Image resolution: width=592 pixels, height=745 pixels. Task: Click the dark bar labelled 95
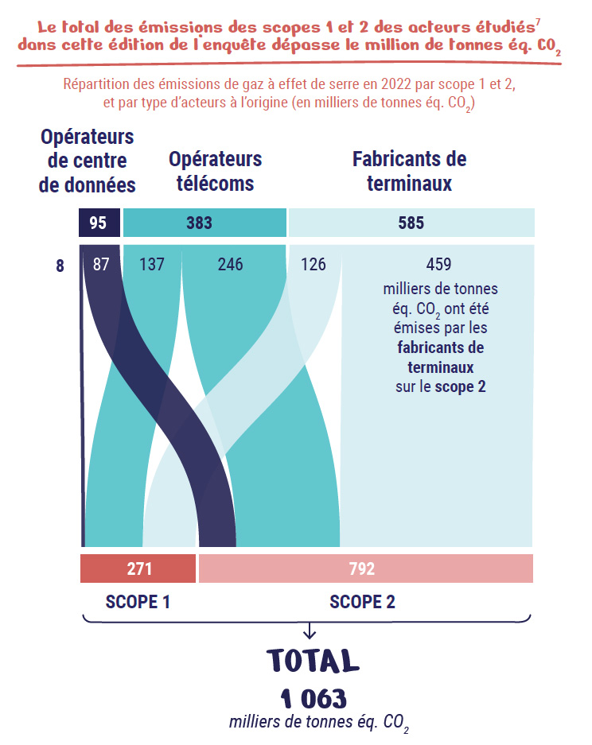pos(99,223)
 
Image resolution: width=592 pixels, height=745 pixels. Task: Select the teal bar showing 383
pos(204,223)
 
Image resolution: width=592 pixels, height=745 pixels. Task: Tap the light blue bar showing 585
pos(411,223)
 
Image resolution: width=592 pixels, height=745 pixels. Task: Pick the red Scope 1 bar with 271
pos(138,569)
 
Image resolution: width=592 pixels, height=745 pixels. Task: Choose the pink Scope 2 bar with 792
pos(365,569)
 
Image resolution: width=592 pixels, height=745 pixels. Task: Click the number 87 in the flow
pos(101,264)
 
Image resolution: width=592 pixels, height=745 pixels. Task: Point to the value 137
pos(151,264)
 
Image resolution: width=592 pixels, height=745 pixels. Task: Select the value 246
pos(230,264)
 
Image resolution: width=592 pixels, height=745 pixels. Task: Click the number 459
pos(438,264)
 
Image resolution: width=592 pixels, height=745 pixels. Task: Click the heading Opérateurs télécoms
pos(215,171)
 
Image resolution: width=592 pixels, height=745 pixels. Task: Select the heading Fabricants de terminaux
pos(409,171)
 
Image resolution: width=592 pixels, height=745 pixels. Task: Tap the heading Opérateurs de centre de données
pos(87,161)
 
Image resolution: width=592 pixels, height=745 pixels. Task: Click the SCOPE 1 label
pos(138,602)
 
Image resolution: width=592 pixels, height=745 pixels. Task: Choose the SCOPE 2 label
pos(362,602)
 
